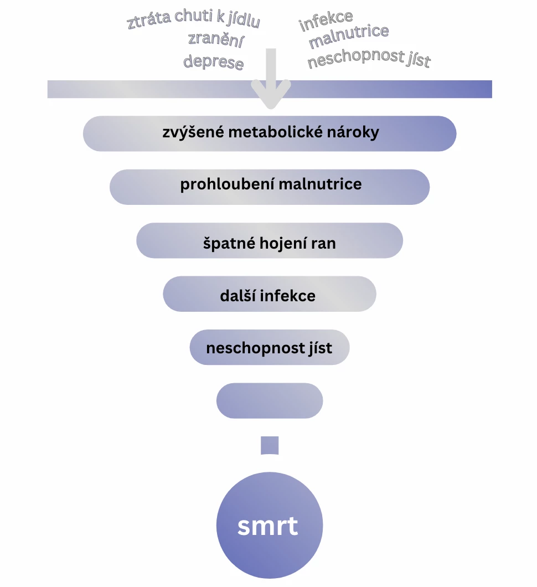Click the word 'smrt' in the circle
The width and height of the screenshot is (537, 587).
[268, 526]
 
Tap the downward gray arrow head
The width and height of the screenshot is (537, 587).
[271, 94]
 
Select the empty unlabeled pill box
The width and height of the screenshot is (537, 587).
[269, 400]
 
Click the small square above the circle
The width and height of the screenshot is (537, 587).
[270, 445]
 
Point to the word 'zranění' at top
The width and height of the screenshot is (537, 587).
[216, 40]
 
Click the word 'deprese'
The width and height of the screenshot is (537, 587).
[213, 61]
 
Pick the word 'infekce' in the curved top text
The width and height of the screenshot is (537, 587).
[326, 21]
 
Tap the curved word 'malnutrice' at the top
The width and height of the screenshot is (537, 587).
[348, 38]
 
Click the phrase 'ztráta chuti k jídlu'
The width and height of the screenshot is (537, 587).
[193, 19]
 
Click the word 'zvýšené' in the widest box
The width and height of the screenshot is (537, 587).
[191, 133]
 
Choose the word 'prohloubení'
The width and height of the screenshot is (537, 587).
[227, 184]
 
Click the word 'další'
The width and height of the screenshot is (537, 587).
[237, 296]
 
